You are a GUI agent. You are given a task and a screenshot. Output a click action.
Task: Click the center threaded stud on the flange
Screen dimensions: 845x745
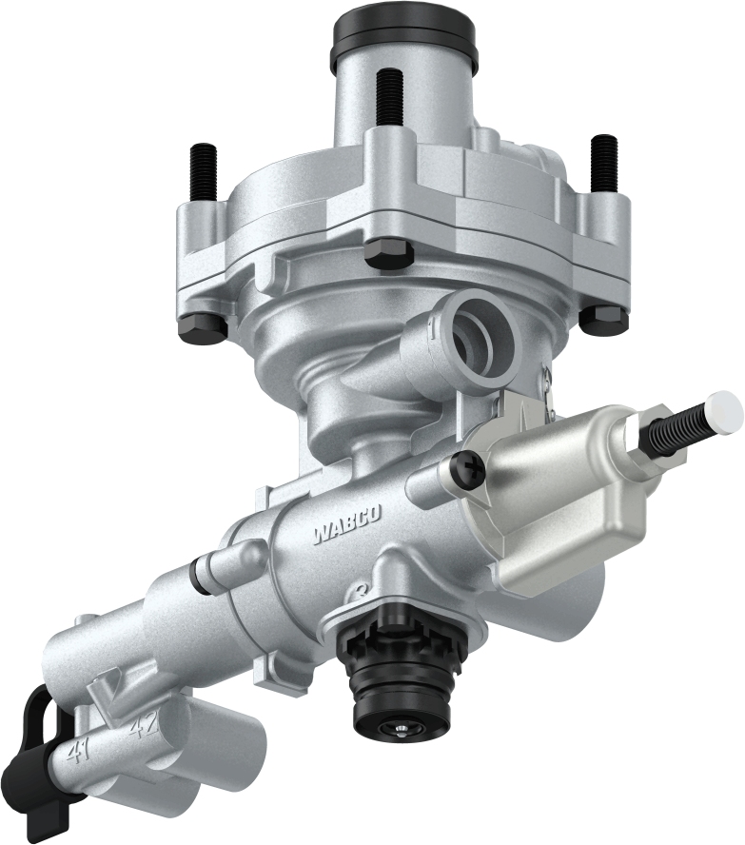[x=388, y=101]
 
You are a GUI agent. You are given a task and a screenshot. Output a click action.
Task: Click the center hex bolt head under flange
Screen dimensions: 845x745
[x=389, y=253]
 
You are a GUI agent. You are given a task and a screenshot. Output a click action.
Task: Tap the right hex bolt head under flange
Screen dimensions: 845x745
[x=604, y=319]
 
